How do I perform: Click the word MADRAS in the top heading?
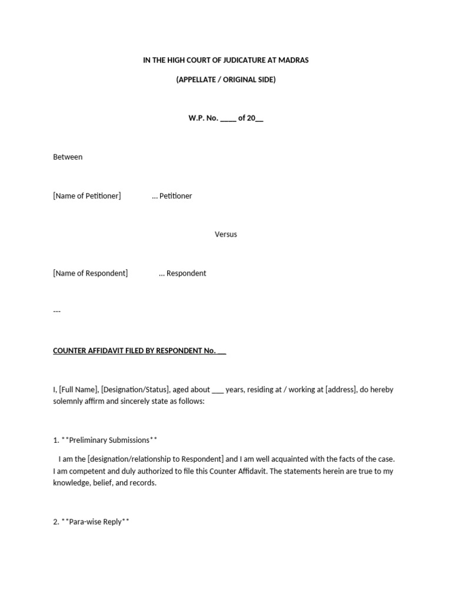293,61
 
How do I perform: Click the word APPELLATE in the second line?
198,79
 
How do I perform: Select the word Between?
68,157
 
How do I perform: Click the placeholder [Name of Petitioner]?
87,196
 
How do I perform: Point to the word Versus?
225,234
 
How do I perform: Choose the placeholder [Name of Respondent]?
90,273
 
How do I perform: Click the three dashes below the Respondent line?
57,312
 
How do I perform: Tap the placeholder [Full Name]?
79,390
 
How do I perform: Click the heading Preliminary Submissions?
109,440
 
